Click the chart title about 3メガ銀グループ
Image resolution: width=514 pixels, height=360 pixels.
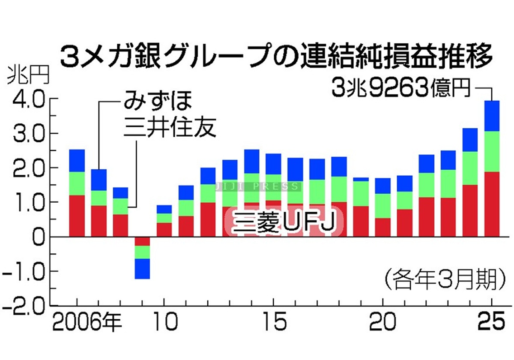[274, 56]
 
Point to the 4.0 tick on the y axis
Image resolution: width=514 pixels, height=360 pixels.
[28, 99]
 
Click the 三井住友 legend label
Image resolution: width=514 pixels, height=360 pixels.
[169, 128]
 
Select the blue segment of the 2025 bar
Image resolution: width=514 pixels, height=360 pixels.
[492, 116]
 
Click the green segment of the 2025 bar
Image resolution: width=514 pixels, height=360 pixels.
[492, 151]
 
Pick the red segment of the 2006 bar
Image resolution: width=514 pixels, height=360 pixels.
[77, 216]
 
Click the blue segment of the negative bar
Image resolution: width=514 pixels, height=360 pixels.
[142, 269]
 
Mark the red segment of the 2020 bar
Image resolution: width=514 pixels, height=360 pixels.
[383, 227]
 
